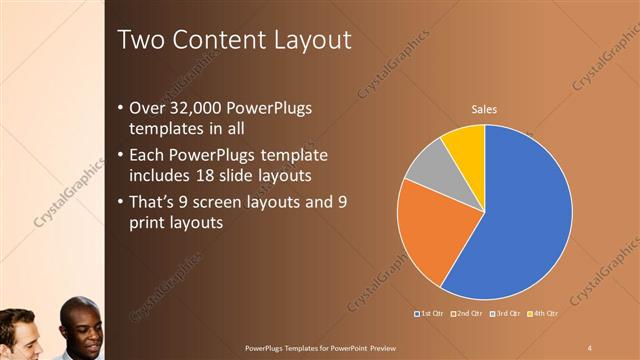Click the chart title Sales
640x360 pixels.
485,109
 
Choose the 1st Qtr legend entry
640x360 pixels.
431,313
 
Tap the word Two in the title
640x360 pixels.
141,40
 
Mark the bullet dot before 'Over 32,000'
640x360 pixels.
121,108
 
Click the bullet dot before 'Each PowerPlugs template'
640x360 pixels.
121,155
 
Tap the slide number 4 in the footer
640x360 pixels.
590,347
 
